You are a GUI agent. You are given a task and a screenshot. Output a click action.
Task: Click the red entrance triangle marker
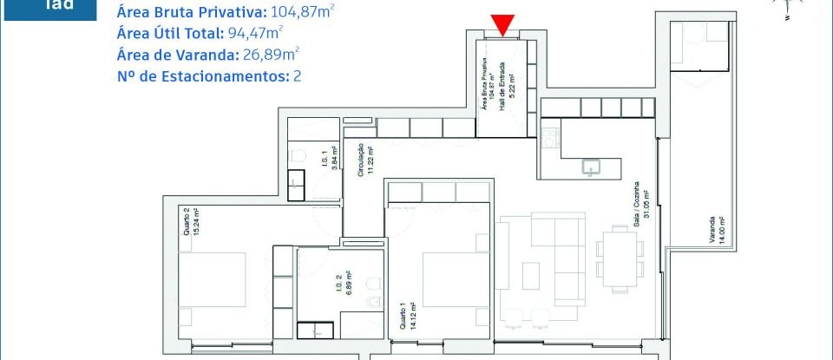pyautogui.click(x=502, y=25)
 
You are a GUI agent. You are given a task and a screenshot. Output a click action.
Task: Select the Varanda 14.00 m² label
pyautogui.click(x=722, y=223)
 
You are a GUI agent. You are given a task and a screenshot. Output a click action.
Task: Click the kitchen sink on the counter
pyautogui.click(x=593, y=167)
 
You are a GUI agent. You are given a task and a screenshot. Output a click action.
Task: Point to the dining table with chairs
pyautogui.click(x=619, y=258)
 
